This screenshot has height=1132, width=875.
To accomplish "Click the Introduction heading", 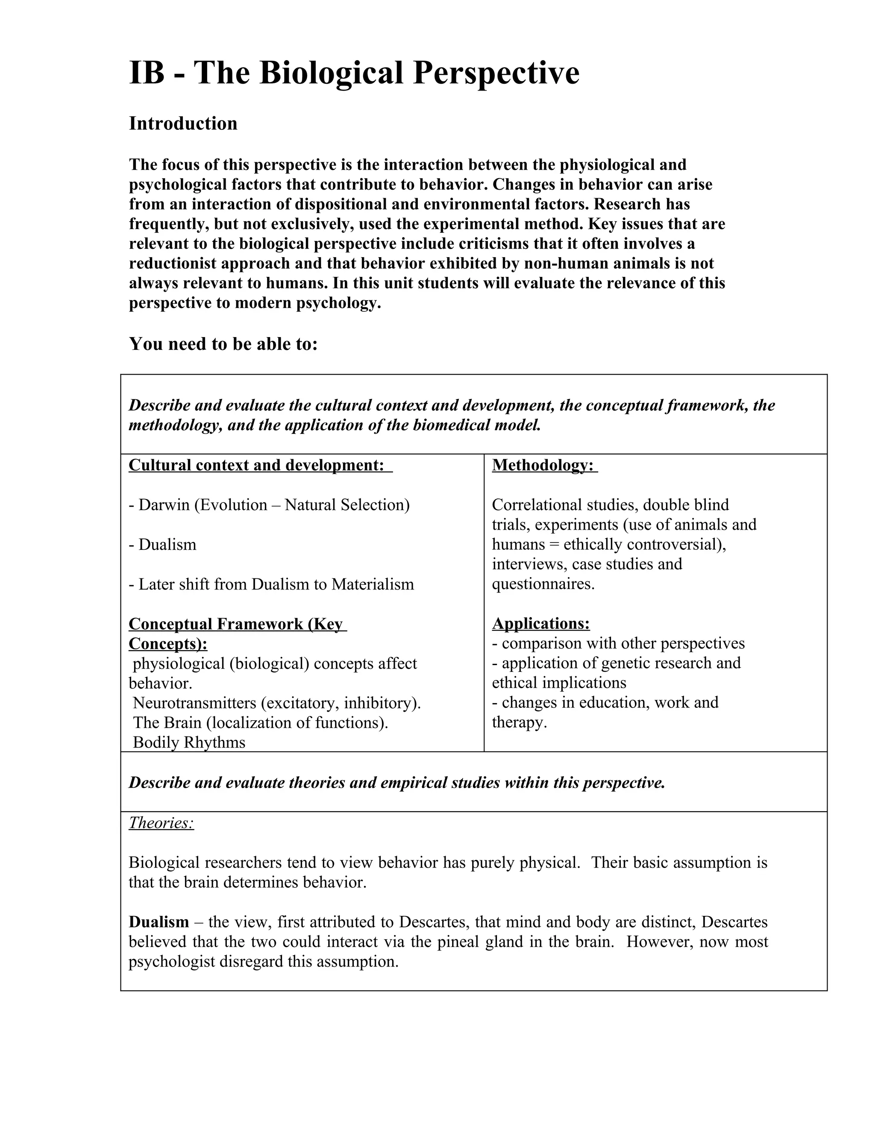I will point(183,123).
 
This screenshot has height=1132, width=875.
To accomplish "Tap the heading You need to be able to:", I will point(223,343).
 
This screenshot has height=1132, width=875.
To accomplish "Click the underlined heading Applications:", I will point(540,624).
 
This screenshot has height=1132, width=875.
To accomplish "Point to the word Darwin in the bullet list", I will point(164,505).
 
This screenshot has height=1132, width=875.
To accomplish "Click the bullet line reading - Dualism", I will point(162,545).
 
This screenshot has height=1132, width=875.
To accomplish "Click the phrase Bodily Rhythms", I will point(189,743).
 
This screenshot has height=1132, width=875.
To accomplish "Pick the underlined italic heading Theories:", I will point(161,823).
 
